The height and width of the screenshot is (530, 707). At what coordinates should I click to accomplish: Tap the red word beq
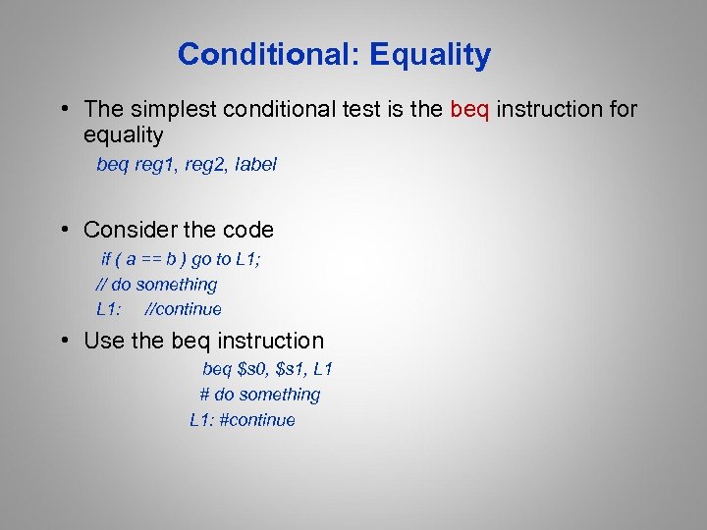(x=470, y=109)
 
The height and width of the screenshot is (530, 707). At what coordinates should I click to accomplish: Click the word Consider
(x=130, y=231)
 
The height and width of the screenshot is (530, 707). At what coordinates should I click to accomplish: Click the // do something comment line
(x=156, y=285)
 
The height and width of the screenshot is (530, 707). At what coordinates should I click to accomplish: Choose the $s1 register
(x=293, y=370)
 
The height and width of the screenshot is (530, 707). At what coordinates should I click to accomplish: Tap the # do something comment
(x=260, y=395)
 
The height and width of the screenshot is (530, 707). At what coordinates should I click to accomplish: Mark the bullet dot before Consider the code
(x=62, y=231)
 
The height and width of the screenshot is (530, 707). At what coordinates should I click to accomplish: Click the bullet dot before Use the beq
(x=62, y=342)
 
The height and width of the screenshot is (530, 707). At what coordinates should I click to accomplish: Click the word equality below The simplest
(x=124, y=134)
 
